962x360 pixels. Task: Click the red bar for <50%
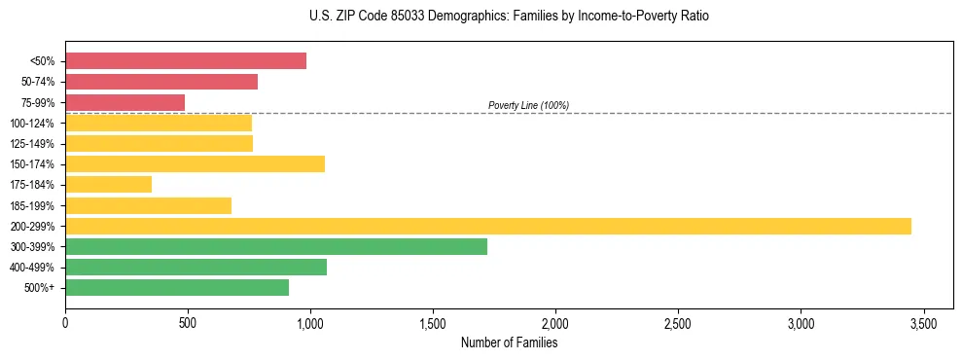click(186, 61)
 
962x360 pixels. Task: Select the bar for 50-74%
click(161, 82)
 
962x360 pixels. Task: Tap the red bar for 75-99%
click(125, 102)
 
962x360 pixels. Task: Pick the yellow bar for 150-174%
click(195, 163)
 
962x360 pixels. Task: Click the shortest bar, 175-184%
click(108, 185)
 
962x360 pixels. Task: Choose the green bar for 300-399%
click(276, 246)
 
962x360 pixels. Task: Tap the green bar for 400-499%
click(196, 267)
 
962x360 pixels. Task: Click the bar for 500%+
click(177, 287)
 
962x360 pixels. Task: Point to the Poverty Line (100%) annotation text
click(528, 105)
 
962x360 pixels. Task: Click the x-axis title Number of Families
click(509, 342)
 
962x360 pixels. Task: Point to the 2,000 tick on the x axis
click(555, 322)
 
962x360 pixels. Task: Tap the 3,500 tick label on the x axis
click(923, 322)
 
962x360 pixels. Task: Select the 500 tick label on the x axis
click(188, 322)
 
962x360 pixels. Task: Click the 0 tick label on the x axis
click(65, 322)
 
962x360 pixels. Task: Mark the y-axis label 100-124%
click(32, 124)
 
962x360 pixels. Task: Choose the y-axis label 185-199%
click(32, 205)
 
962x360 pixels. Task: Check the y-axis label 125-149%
click(32, 144)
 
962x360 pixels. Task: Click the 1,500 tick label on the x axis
click(433, 322)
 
